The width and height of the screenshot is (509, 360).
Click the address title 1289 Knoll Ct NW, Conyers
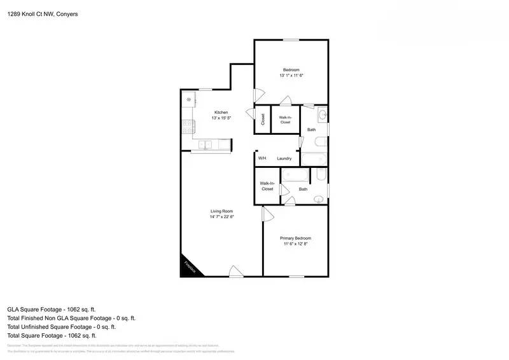[x=42, y=14]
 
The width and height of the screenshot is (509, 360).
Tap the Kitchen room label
[x=221, y=113]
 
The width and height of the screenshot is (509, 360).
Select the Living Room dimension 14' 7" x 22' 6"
[x=222, y=217]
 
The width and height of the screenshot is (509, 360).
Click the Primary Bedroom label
[x=296, y=238]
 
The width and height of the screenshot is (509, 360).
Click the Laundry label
[x=284, y=158]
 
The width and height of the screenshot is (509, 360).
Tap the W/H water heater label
[x=261, y=158]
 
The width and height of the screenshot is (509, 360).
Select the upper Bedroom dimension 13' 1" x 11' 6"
[x=291, y=75]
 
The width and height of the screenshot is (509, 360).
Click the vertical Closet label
[x=262, y=119]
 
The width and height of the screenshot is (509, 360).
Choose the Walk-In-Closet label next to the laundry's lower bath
[x=267, y=186]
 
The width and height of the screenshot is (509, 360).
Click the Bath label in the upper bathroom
[x=311, y=130]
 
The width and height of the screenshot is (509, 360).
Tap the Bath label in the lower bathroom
[x=303, y=189]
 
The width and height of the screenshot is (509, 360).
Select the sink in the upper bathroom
[x=321, y=115]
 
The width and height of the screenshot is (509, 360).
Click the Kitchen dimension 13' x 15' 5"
[x=221, y=118]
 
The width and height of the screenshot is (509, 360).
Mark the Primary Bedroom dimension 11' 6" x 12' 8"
[x=296, y=244]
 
